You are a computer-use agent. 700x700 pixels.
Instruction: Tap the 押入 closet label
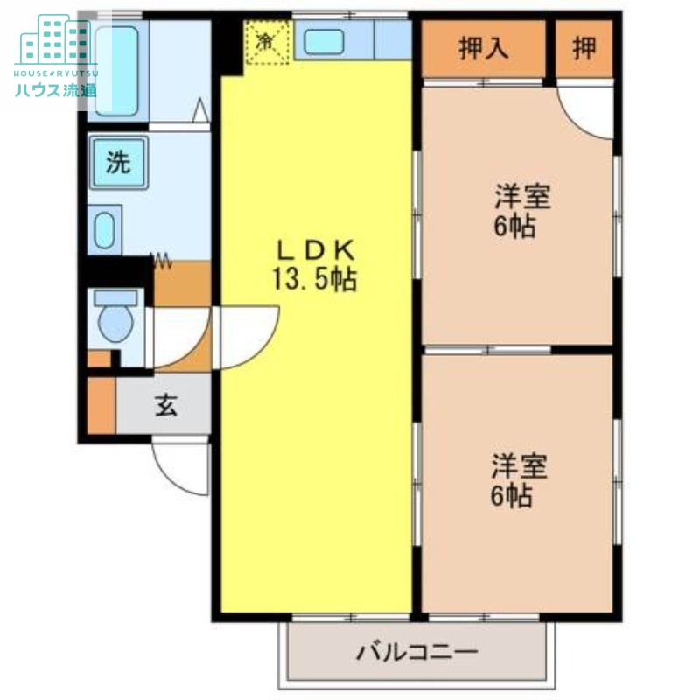484,48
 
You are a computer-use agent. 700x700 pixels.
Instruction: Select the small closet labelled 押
584,48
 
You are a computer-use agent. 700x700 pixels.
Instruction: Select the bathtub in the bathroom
117,70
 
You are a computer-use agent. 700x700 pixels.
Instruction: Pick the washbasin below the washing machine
103,230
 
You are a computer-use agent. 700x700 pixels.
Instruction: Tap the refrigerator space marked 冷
266,41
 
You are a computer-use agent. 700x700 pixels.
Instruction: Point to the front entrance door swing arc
179,468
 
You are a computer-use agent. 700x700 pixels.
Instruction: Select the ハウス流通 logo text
55,89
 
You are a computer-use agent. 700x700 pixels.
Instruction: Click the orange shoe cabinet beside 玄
101,404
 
